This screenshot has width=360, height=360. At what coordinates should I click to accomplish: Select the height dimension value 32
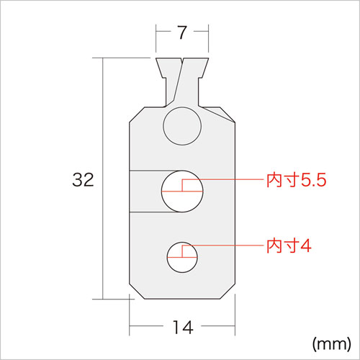coord(84,179)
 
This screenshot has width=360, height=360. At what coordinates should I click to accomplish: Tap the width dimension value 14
coord(182,328)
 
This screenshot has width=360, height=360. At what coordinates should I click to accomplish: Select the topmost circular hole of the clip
coord(182,127)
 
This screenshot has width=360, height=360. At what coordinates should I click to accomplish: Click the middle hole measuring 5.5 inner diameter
coord(182,192)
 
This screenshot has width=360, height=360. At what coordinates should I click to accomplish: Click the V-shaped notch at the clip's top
coord(182,65)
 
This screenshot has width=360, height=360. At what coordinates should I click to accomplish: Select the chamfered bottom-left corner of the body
coord(134,292)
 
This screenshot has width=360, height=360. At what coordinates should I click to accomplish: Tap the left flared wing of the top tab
coord(166,69)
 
